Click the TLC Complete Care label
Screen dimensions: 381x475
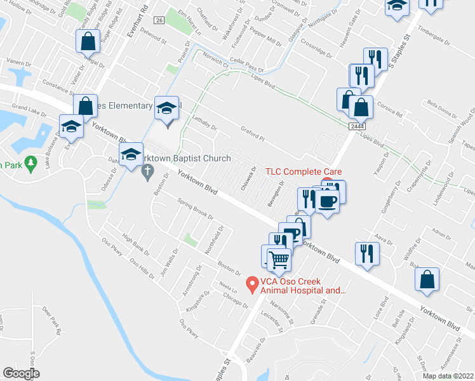304,171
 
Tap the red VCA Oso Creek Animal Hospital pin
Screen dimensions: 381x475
252,284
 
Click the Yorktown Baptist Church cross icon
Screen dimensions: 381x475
147,170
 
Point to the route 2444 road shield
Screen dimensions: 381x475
356,127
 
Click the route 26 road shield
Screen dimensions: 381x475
159,20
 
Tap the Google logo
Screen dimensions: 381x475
22,373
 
